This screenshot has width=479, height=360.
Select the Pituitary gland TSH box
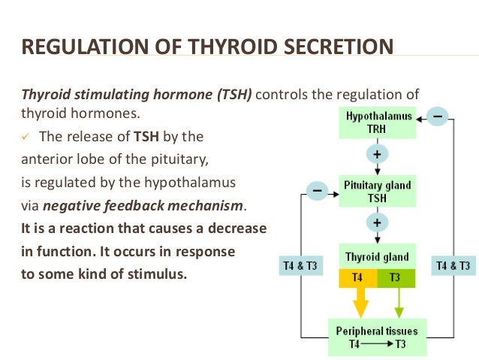point(378,191)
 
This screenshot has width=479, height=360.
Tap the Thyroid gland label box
point(378,256)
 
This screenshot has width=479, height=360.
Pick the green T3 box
point(395,277)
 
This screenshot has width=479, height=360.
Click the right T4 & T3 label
point(454,265)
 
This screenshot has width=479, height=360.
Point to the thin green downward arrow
point(398,302)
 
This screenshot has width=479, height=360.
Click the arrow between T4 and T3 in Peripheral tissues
point(378,344)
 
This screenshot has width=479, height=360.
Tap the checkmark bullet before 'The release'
point(25,138)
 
